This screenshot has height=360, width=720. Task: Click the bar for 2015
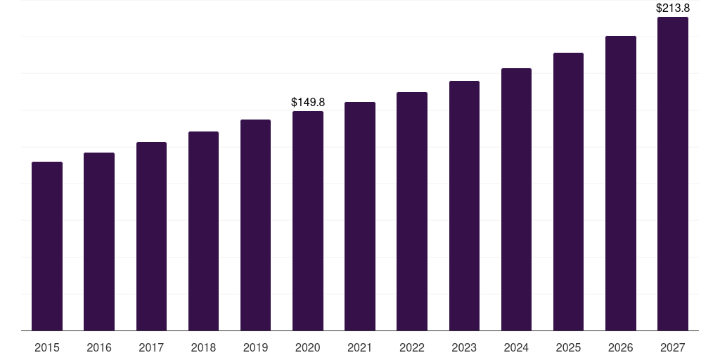click(47, 246)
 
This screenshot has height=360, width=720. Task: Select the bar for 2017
click(151, 236)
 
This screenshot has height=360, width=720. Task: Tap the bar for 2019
click(255, 225)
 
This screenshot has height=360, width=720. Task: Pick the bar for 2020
click(308, 221)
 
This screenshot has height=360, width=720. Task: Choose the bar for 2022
click(412, 211)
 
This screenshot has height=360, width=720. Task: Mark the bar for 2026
click(620, 183)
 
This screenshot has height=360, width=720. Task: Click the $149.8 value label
click(308, 103)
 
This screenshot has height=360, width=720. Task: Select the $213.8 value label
click(673, 8)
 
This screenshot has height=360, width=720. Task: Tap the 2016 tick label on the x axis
click(99, 347)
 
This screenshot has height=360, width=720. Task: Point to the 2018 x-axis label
click(203, 347)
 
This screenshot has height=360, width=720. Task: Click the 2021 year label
click(360, 347)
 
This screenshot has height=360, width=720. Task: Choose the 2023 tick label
click(464, 347)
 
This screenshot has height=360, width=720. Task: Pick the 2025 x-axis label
click(568, 347)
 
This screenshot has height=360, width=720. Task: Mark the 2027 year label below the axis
click(673, 347)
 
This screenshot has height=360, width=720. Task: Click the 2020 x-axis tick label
click(308, 347)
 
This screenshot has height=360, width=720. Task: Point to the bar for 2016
click(99, 241)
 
